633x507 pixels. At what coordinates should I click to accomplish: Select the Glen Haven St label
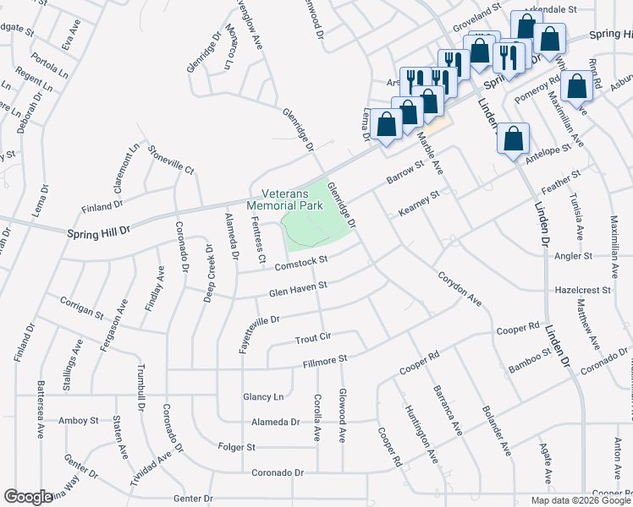click(298, 287)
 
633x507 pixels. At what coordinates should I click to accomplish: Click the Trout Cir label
click(312, 337)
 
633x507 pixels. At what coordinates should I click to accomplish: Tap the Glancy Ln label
click(262, 396)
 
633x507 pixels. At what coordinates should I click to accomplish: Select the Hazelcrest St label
click(581, 289)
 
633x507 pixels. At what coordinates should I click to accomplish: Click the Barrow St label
click(405, 172)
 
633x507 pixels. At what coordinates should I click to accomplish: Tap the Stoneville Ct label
click(172, 158)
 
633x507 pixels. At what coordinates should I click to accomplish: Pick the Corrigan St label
click(82, 307)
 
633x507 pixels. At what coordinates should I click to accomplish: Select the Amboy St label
click(79, 420)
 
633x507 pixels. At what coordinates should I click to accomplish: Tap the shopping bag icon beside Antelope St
click(514, 139)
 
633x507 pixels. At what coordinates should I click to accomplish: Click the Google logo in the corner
click(27, 497)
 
